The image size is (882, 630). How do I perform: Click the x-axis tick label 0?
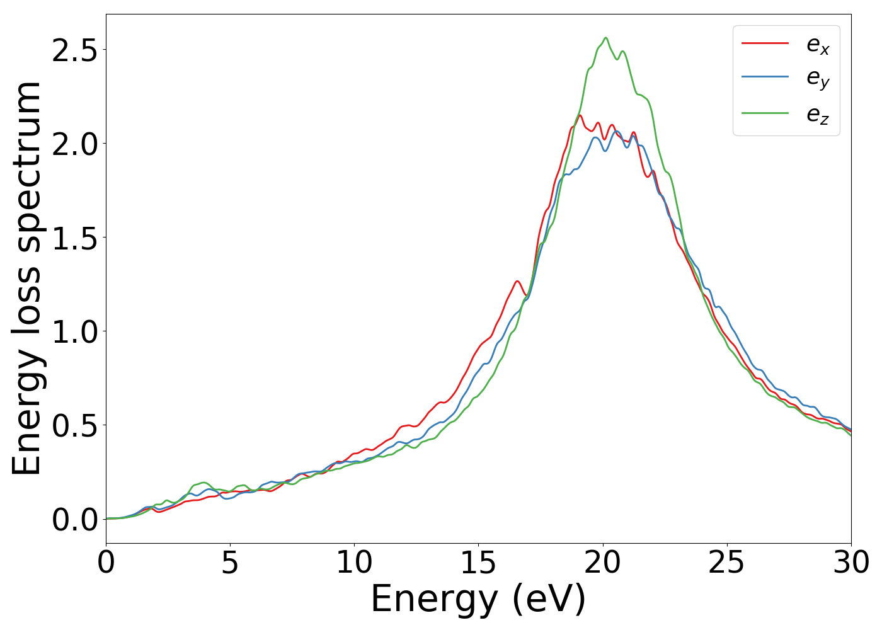[106, 563]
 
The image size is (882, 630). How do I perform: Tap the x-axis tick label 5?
[230, 563]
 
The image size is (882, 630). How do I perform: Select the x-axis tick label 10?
[354, 563]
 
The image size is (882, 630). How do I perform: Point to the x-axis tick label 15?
[478, 563]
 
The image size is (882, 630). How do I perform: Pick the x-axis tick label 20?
[603, 563]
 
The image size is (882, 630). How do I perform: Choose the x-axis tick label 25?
[727, 563]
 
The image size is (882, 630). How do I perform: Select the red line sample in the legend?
[765, 43]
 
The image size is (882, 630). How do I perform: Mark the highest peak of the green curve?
[605, 38]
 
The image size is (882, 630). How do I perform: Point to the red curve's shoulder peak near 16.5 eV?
[517, 281]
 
